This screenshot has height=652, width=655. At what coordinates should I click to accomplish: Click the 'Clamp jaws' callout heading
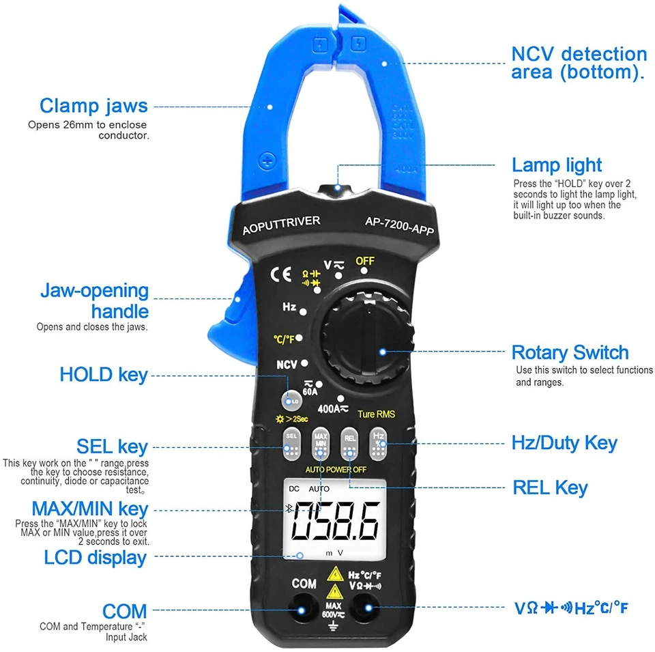pyautogui.click(x=93, y=106)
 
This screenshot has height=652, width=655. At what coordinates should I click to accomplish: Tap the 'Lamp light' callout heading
pyautogui.click(x=557, y=165)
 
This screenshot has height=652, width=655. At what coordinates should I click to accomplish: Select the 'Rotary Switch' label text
pyautogui.click(x=570, y=353)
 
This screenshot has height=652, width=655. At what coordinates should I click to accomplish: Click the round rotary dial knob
pyautogui.click(x=368, y=339)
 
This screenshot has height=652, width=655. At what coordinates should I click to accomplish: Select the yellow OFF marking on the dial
pyautogui.click(x=366, y=261)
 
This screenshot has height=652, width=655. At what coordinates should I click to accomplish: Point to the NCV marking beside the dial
pyautogui.click(x=287, y=365)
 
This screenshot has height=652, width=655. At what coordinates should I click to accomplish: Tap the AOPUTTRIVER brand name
pyautogui.click(x=281, y=224)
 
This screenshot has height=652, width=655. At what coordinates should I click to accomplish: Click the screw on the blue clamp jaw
pyautogui.click(x=267, y=160)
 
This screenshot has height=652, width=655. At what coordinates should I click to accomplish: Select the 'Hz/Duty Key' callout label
pyautogui.click(x=564, y=443)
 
